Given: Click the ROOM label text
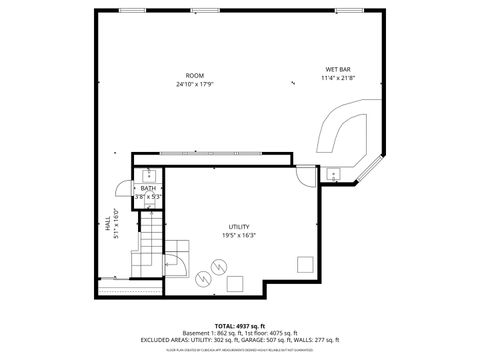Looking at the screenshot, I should coord(194,76).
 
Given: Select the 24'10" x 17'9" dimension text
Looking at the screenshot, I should coord(194,84).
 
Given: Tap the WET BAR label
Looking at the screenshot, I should coord(337,69).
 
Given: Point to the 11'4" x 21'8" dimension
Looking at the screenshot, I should coord(337,78).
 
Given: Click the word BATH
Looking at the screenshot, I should coord(148,188).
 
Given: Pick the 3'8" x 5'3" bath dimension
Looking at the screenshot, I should coord(148,197).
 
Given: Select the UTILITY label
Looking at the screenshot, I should coord(239,226).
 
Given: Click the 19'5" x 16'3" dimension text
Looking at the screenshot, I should coord(239,235).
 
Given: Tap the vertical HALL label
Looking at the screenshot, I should coord(108,226).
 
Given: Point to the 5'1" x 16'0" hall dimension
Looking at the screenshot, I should coord(117,226).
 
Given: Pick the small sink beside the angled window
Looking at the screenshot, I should coord(332,174).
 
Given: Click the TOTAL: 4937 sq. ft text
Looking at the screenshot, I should coord(239,325).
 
